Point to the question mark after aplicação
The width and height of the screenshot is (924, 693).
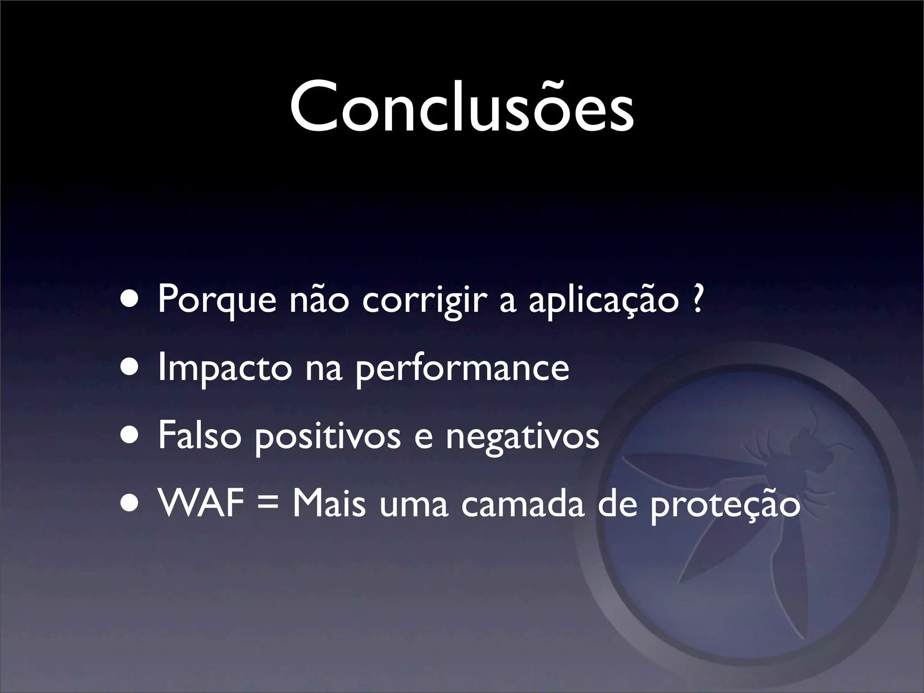click(x=697, y=299)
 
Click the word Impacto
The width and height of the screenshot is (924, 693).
click(x=225, y=368)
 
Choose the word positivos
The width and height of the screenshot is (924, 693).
click(x=327, y=437)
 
